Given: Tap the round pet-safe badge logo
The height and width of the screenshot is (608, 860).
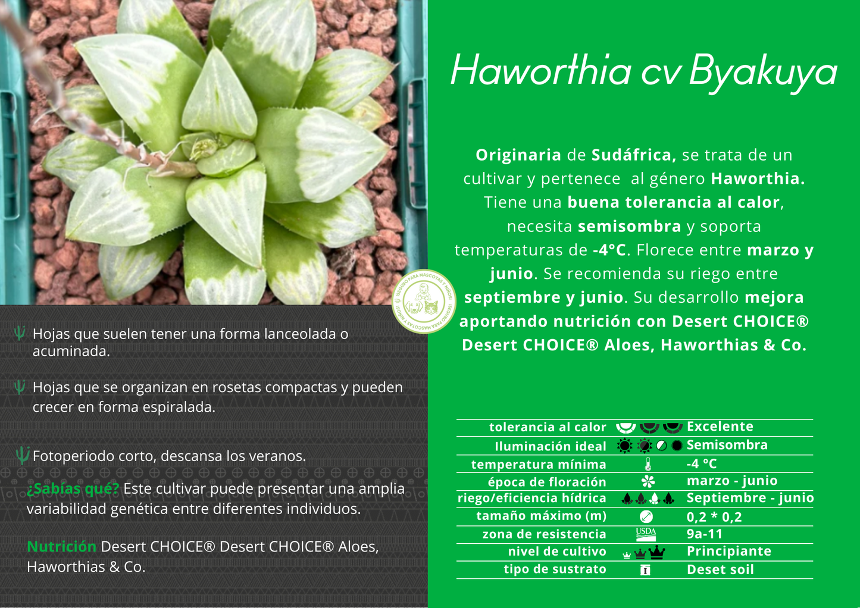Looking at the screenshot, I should click(424, 300).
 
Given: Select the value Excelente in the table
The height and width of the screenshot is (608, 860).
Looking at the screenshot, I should click(720, 427).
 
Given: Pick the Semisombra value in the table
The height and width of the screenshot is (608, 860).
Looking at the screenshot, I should click(727, 445).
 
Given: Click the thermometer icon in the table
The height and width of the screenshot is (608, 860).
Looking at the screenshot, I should click(648, 465).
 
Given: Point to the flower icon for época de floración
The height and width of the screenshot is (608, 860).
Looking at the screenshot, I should click(648, 481).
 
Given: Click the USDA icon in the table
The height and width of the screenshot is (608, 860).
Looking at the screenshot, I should click(646, 534).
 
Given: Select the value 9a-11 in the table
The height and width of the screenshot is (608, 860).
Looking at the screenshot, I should click(704, 534).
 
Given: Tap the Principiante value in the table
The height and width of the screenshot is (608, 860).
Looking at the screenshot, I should click(728, 551).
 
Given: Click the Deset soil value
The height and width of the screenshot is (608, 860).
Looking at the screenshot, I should click(720, 570).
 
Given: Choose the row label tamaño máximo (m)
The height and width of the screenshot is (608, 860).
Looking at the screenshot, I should click(541, 516).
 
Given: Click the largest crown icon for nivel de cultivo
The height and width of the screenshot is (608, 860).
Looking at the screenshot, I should click(657, 552).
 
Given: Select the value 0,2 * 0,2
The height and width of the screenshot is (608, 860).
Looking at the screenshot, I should click(714, 516).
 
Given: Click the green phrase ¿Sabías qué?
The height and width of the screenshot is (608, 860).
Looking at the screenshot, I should click(73, 489).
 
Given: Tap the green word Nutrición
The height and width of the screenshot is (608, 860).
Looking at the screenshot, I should click(61, 547).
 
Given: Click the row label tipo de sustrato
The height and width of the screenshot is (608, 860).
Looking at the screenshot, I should click(555, 569).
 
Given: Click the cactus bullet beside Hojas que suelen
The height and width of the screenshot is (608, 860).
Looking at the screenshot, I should click(20, 333).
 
